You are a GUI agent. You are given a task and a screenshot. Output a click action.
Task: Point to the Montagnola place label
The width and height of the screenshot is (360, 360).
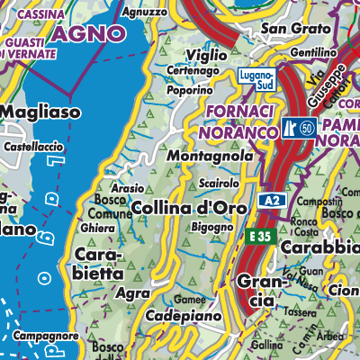206,156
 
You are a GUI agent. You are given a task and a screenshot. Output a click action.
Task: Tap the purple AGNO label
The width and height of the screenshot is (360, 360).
88,34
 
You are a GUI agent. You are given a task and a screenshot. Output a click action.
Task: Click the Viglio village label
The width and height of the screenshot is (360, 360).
206,56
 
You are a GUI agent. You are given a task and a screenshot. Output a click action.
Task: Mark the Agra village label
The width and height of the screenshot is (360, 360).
133,292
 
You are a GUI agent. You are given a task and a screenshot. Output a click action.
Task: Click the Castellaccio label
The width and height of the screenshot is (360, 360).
32,144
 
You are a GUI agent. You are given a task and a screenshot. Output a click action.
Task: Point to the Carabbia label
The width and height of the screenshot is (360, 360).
319,247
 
